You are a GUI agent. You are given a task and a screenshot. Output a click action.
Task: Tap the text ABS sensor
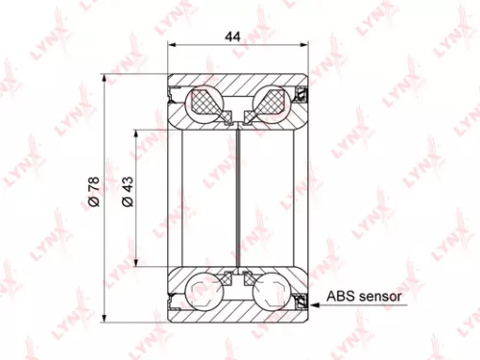[x=364, y=298]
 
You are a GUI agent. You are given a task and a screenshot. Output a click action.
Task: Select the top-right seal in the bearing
[x=300, y=94]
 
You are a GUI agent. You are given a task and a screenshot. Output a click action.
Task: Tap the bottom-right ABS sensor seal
[x=300, y=299]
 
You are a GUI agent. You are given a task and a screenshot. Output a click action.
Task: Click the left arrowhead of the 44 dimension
[x=171, y=44]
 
